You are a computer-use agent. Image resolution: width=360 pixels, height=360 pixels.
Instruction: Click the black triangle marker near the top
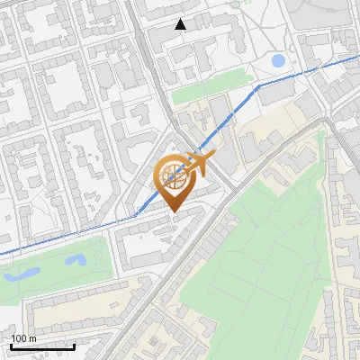coord(181,24)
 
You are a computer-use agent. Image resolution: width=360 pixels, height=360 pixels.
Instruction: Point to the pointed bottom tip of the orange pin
coord(172,212)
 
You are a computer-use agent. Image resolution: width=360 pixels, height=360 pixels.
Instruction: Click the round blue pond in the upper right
coord(278,61)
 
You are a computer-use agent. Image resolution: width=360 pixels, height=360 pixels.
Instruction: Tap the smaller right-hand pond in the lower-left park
coord(76,260)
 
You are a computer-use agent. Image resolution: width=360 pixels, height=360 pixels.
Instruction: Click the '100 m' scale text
coord(23,338)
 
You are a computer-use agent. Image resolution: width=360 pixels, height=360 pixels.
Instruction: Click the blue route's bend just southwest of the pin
coord(135,216)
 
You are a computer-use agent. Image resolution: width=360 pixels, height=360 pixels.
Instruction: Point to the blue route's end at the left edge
coord(3,254)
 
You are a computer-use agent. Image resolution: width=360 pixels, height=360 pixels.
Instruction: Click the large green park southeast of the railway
coord(270,243)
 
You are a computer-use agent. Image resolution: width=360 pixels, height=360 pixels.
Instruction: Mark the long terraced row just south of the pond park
coord(72,306)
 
